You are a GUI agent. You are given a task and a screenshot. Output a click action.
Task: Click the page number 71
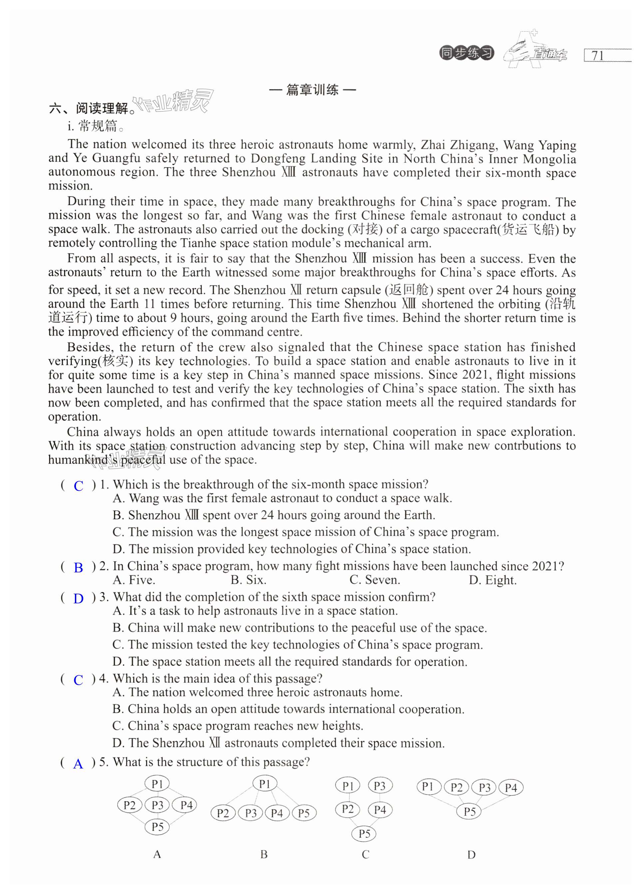pos(598,56)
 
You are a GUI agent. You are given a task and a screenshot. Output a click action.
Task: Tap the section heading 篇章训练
pos(312,90)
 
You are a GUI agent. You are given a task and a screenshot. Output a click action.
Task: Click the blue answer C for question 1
pos(79,486)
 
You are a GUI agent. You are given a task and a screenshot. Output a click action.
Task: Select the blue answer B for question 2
pos(79,568)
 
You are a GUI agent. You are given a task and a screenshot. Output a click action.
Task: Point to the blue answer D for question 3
pos(79,598)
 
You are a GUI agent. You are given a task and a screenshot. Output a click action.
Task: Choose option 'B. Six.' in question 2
pos(248,580)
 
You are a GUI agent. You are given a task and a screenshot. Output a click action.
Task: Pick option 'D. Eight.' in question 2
pos(492,580)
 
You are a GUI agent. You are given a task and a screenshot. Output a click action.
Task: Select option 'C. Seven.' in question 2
pos(375,580)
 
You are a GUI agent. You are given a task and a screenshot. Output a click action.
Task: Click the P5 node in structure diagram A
pos(157,827)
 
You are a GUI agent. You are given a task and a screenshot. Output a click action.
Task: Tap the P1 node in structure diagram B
pos(264,784)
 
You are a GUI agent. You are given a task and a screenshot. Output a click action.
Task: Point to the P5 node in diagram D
pos(470,812)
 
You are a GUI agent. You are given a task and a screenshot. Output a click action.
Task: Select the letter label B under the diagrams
pos(264,854)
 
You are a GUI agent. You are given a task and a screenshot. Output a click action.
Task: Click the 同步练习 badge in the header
pos(467,53)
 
